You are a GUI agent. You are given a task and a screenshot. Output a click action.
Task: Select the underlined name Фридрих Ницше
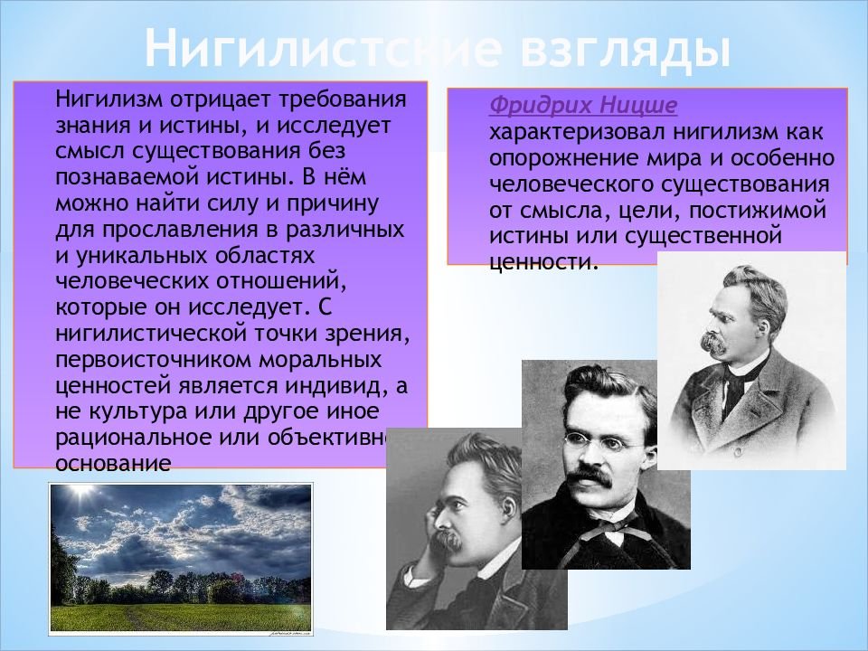point(583,105)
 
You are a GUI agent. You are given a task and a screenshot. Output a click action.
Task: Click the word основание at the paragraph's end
point(113,463)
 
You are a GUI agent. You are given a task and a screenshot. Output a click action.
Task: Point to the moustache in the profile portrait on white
point(713,342)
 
